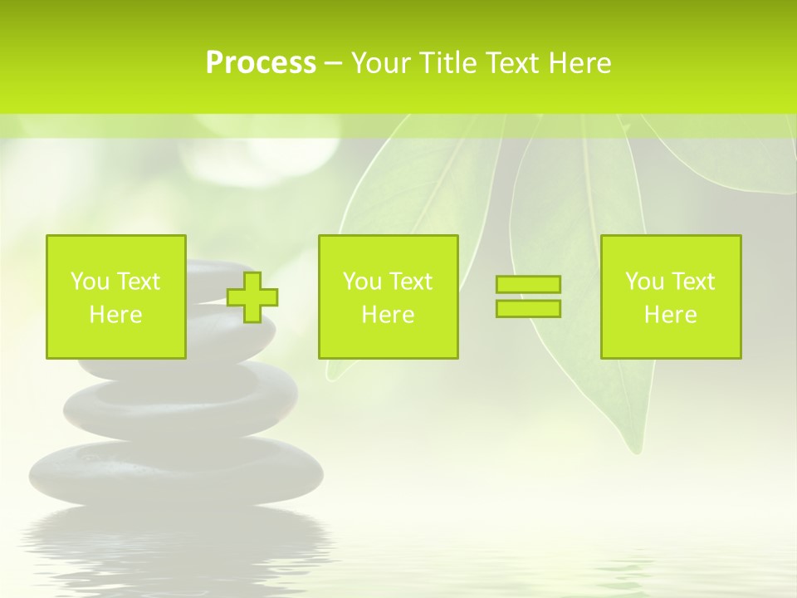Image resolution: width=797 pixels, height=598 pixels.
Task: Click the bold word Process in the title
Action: click(261, 63)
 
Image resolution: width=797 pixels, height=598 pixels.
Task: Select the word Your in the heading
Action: click(382, 63)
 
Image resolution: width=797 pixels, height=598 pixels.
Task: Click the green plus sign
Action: click(252, 297)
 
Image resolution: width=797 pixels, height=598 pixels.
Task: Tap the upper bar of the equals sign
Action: click(528, 285)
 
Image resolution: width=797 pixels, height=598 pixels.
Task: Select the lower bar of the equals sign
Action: click(528, 308)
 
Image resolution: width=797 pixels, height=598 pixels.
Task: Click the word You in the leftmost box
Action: click(90, 282)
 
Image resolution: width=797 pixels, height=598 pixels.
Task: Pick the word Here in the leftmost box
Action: click(115, 315)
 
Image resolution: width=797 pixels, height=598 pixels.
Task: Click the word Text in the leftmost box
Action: click(138, 282)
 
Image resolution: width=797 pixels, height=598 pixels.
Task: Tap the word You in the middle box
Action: click(362, 282)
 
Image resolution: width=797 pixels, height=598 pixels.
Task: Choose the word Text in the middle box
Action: click(410, 282)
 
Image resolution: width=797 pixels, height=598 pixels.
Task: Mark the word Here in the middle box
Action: click(388, 315)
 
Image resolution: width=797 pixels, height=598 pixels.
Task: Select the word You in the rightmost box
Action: click(644, 282)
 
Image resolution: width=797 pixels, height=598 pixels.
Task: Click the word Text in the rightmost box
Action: click(692, 282)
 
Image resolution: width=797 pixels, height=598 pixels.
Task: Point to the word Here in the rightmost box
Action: click(670, 315)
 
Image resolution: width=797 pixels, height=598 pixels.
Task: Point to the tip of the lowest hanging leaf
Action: click(636, 449)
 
